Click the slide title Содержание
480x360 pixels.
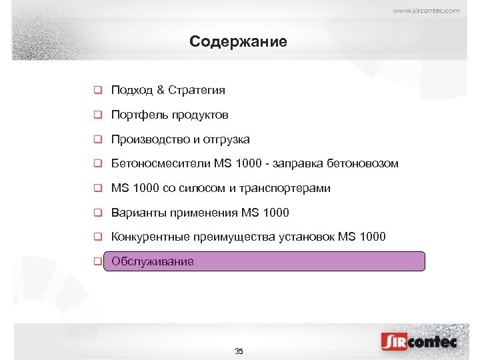click(x=238, y=41)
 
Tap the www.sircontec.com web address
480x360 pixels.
click(x=426, y=10)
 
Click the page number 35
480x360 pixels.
click(x=239, y=351)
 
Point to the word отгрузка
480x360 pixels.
click(x=228, y=139)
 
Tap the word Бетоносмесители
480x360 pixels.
click(x=161, y=163)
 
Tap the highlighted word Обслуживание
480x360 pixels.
click(x=153, y=261)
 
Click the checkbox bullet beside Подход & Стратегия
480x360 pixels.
click(x=97, y=90)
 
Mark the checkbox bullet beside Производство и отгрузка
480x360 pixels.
click(x=97, y=139)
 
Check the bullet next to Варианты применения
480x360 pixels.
click(x=97, y=213)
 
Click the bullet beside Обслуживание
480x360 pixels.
click(x=97, y=261)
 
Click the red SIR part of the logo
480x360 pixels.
click(x=394, y=342)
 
